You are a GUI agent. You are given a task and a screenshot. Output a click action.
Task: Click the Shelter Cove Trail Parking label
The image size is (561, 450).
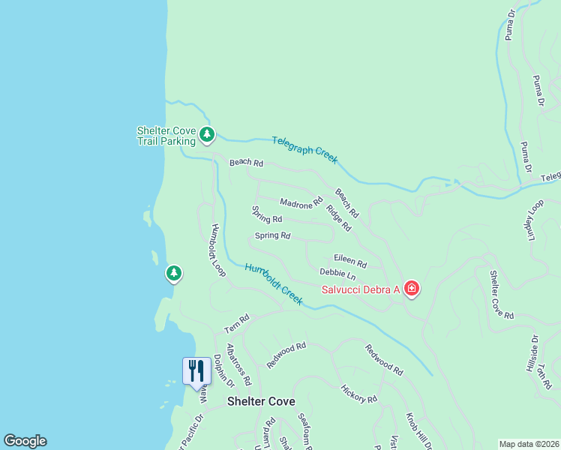pyautogui.click(x=166, y=135)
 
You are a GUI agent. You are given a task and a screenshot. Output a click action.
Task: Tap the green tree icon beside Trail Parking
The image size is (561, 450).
pyautogui.click(x=208, y=136)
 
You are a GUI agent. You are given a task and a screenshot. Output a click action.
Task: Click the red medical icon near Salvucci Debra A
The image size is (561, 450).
pyautogui.click(x=411, y=288)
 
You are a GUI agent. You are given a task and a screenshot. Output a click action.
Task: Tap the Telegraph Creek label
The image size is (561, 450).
pyautogui.click(x=304, y=150)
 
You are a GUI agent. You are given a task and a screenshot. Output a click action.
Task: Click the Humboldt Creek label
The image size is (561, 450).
pyautogui.click(x=274, y=283)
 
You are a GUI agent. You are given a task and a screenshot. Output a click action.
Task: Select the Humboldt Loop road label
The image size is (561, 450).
pyautogui.click(x=218, y=250)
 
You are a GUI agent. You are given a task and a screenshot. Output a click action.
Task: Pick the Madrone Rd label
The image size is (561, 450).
pyautogui.click(x=301, y=202)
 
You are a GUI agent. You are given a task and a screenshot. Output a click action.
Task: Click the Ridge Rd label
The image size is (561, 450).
pyautogui.click(x=339, y=217)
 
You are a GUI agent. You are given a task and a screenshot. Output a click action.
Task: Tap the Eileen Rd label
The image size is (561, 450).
pyautogui.click(x=350, y=260)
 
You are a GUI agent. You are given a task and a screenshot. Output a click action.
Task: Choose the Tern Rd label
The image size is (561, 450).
pyautogui.click(x=236, y=323)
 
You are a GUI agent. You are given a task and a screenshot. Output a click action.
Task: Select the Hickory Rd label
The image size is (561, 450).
pyautogui.click(x=358, y=394)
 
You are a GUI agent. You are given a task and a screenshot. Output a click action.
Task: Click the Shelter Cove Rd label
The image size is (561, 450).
pyautogui.click(x=502, y=294)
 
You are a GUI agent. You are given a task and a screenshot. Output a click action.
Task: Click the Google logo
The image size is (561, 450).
pyautogui.click(x=25, y=441)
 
